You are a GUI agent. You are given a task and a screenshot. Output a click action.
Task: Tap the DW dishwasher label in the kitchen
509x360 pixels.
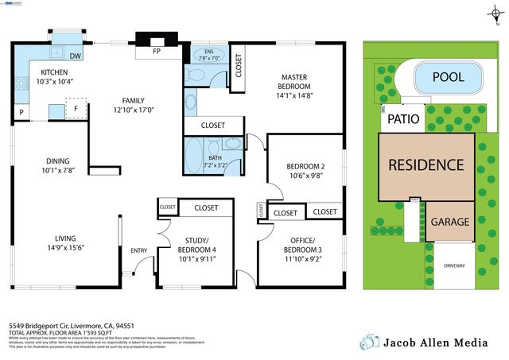tap(75, 56)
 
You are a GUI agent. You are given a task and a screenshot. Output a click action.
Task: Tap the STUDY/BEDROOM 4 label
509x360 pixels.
tap(196, 244)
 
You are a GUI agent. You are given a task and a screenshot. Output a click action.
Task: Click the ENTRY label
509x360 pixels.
tap(139, 251)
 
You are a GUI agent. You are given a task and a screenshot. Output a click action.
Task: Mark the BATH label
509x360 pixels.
tap(215, 157)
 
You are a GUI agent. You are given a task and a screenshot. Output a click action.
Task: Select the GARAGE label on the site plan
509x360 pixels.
tap(449, 222)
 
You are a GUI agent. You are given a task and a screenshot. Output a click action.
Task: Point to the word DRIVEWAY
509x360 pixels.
tap(455, 265)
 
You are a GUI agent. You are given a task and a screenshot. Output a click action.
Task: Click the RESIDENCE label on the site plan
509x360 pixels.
tap(425, 165)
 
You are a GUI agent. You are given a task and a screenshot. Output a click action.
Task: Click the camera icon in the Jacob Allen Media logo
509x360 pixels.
tap(367, 342)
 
